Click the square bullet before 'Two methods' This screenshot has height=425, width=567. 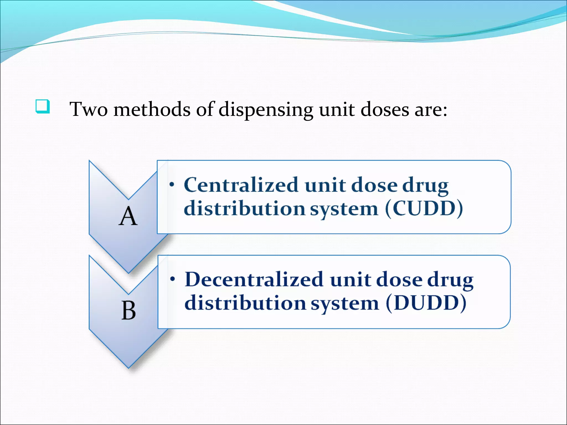coord(43,107)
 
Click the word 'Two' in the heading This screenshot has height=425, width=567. coord(88,109)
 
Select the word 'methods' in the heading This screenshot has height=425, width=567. coord(152,109)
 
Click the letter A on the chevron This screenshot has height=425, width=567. coord(128,217)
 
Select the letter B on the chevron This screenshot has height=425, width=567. coord(128,311)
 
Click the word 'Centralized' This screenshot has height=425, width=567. coord(241,185)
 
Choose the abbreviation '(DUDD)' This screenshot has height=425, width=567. coord(426,303)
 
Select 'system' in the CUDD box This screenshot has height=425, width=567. coord(344,209)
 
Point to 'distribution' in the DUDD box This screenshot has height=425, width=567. coord(245,303)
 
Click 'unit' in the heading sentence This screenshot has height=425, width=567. coord(337,109)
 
